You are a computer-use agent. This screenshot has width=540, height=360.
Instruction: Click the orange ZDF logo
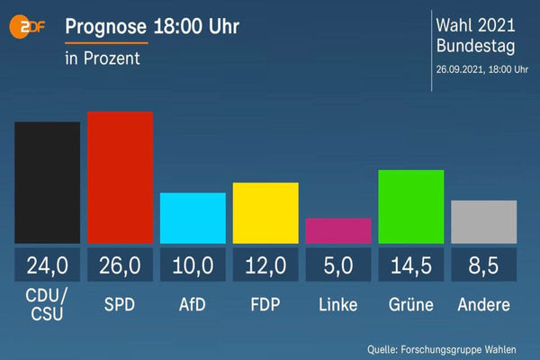(26, 26)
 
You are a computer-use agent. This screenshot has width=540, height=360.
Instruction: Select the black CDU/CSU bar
(47, 183)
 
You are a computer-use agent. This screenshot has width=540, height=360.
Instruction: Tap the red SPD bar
(121, 177)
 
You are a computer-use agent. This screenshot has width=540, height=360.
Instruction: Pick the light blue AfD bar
(193, 218)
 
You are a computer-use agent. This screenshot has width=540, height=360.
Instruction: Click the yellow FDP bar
(265, 213)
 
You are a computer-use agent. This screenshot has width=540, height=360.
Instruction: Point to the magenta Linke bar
(338, 230)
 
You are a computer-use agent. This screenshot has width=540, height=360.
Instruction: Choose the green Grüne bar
(411, 207)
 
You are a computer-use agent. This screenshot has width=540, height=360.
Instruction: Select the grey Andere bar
(484, 222)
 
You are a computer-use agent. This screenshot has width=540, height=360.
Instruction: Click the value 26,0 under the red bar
(120, 265)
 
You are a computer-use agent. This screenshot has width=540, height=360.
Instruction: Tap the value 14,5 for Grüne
(411, 265)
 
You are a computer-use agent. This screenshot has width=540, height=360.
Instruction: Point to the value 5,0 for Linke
(338, 265)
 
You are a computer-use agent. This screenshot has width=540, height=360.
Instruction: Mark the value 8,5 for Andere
(483, 265)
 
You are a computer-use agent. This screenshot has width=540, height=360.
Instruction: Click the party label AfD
(193, 304)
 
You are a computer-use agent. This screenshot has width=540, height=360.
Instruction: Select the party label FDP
(265, 304)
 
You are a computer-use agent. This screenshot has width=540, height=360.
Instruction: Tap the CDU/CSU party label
(47, 304)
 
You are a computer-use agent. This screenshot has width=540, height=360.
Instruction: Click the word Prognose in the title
(105, 26)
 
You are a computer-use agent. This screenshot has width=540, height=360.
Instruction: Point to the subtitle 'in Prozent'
(103, 58)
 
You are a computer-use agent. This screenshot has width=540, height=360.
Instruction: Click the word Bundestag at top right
(475, 46)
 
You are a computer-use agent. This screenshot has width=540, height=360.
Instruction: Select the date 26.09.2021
(460, 69)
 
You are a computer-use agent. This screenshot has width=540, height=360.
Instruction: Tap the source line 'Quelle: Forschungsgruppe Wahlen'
(442, 350)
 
